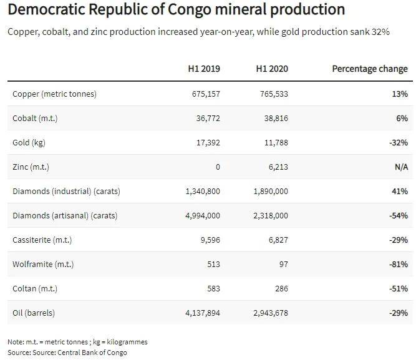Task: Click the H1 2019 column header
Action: [x=205, y=69]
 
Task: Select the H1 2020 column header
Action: [x=273, y=69]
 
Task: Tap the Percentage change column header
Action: [x=370, y=69]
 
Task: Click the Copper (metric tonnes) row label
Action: [x=54, y=94]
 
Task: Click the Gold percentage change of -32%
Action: [x=397, y=142]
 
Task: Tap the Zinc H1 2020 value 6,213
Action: [x=276, y=167]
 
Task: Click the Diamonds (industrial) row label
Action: [x=66, y=191]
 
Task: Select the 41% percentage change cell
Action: [x=400, y=191]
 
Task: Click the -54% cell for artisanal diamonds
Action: [x=397, y=215]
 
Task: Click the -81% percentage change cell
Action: [x=397, y=264]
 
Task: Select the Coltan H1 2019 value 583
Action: [x=213, y=288]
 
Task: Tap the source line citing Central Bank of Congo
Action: [x=67, y=353]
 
